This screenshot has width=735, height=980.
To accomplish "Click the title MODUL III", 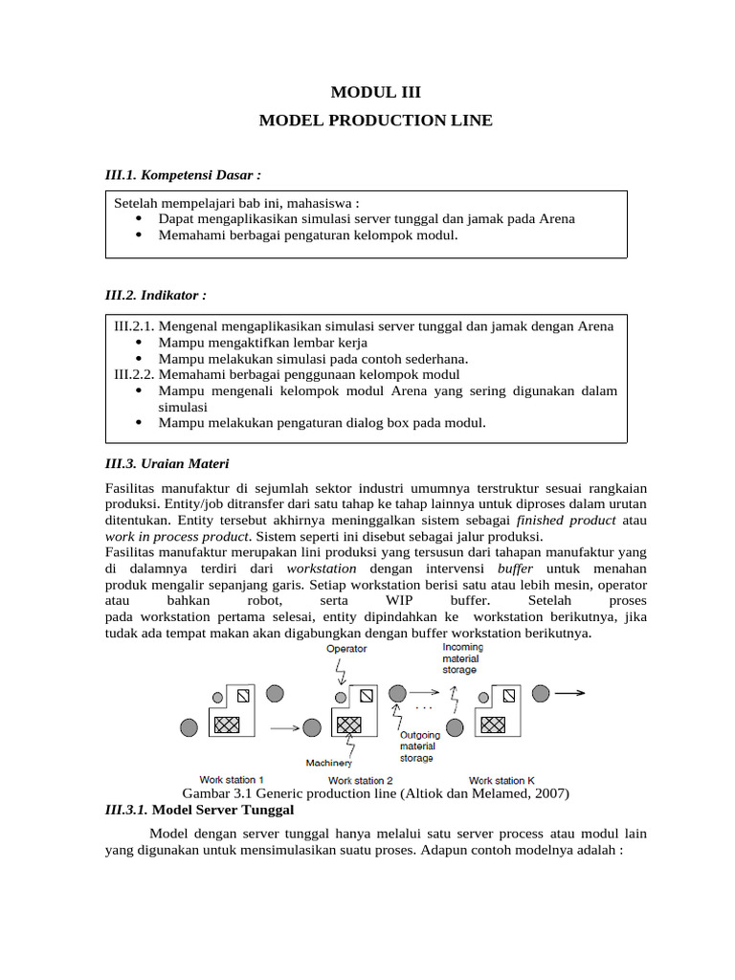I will [375, 92].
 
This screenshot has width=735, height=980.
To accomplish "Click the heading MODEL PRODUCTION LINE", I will [376, 121].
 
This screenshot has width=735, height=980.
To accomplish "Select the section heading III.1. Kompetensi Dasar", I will [183, 175].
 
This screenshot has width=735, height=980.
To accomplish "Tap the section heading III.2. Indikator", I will [156, 295].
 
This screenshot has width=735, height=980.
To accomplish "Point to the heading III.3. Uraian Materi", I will [167, 464].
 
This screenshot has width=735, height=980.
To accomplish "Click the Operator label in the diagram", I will [346, 649].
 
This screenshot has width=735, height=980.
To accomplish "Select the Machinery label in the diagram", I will [328, 763].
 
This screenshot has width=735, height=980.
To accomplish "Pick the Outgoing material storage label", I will [419, 746].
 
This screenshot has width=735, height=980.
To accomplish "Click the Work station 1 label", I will [232, 780].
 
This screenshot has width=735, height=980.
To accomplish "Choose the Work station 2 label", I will [361, 780].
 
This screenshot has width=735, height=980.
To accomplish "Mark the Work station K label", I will [501, 780].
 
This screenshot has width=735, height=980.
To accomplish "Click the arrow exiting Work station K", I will [570, 691].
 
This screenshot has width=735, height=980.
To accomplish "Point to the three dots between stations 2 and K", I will [424, 708].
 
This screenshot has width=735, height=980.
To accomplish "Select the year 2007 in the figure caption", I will [550, 793].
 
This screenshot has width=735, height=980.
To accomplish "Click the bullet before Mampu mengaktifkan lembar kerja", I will [140, 343].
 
